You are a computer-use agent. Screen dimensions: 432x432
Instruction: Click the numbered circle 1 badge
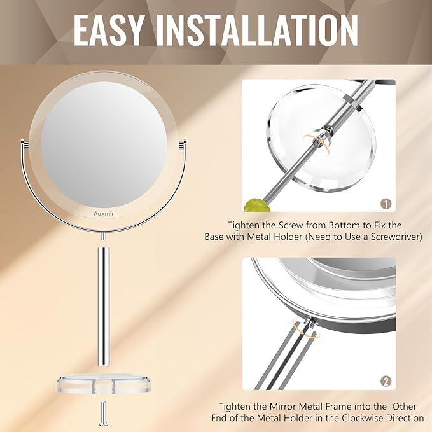pyautogui.click(x=385, y=204)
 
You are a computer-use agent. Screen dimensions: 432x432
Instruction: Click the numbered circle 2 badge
pyautogui.click(x=385, y=382)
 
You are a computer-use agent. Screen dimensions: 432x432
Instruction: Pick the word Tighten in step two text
pyautogui.click(x=237, y=406)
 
